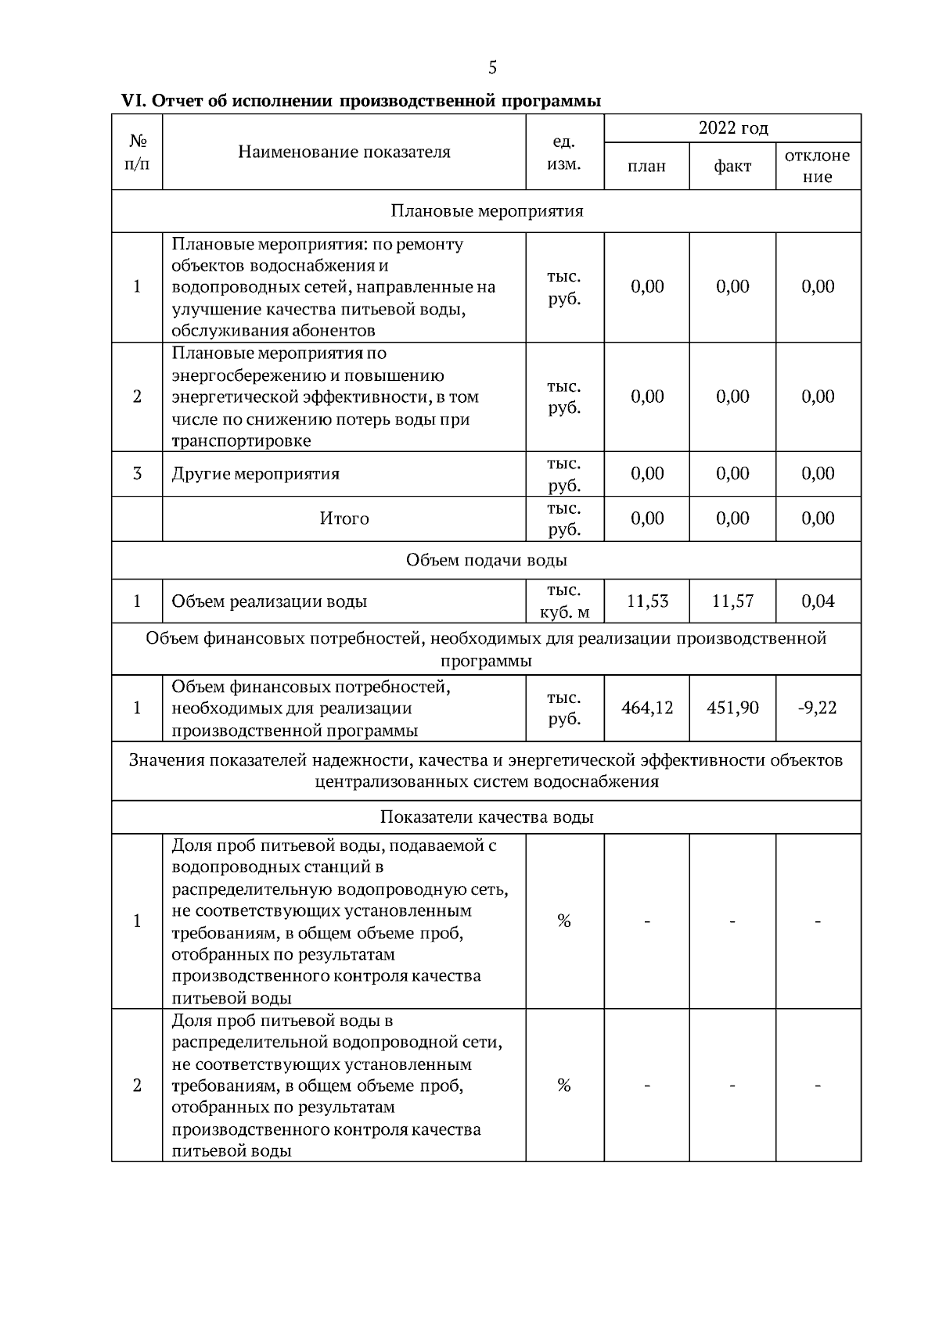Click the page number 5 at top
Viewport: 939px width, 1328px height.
point(492,68)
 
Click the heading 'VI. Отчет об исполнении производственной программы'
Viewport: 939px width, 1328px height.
point(361,101)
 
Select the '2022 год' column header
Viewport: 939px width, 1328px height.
point(732,127)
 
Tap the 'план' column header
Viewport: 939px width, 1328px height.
point(646,166)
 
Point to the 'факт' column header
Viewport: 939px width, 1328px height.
point(732,166)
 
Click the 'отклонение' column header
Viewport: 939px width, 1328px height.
point(818,166)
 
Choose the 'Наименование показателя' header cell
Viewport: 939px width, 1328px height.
point(344,152)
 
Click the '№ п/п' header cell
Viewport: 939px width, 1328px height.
point(137,152)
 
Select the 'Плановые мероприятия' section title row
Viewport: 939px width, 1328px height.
point(486,211)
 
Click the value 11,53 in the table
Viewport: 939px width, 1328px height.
point(646,601)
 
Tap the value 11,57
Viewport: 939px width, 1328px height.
point(732,601)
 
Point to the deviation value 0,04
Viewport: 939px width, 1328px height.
point(818,601)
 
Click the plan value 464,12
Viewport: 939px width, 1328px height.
point(646,708)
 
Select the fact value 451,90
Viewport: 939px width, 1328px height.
point(732,708)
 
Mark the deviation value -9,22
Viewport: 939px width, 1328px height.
point(818,708)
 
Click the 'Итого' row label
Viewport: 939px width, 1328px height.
point(344,519)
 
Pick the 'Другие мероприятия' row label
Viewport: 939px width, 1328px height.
point(256,474)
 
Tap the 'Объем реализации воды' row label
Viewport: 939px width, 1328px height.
point(269,601)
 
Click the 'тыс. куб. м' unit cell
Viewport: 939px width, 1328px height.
point(564,601)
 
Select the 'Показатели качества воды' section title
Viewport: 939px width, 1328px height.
point(486,817)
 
